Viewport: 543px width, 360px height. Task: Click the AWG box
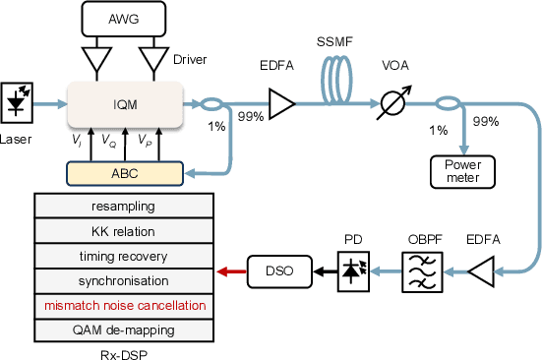click(x=124, y=17)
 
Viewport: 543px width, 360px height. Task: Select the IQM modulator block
click(x=124, y=103)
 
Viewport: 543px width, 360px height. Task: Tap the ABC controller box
click(x=124, y=173)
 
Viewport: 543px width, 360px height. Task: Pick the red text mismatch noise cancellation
click(x=124, y=305)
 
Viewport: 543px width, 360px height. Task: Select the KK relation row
click(x=124, y=231)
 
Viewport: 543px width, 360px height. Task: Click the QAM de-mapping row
click(x=124, y=330)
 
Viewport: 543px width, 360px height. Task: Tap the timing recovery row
click(x=124, y=256)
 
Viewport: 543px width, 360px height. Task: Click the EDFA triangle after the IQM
click(x=281, y=102)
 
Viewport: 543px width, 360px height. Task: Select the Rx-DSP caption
click(x=124, y=352)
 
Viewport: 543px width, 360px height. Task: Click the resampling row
click(x=124, y=207)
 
